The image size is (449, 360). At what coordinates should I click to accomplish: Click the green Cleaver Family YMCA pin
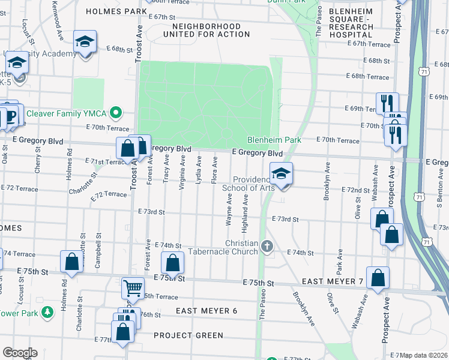tap(119, 112)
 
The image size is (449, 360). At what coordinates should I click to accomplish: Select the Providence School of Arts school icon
tap(281, 175)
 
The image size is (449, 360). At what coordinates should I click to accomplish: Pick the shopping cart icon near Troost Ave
tap(133, 288)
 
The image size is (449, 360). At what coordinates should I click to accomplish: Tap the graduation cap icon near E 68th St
tap(85, 42)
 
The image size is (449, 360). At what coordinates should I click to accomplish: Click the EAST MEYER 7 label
tap(333, 281)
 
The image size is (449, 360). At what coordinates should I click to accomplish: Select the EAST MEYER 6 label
tap(206, 310)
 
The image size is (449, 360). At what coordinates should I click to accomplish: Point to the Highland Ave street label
tap(245, 214)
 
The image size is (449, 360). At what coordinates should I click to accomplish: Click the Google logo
tap(20, 352)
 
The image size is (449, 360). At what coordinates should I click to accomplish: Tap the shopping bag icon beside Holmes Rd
tap(71, 263)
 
